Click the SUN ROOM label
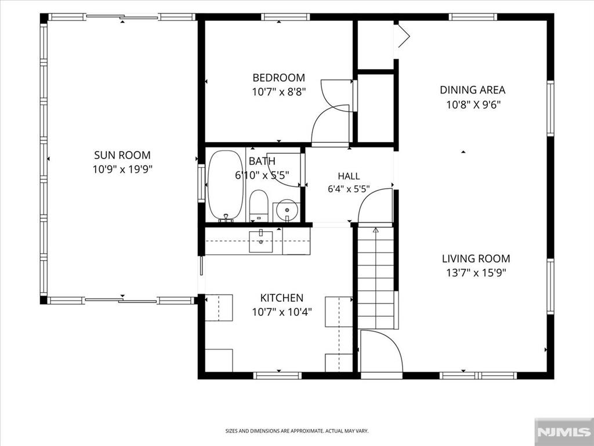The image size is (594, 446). click(122, 154)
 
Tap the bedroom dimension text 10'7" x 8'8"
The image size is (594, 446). click(279, 92)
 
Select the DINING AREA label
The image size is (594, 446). click(472, 90)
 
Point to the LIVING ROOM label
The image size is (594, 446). click(476, 258)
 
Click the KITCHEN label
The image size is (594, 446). click(282, 298)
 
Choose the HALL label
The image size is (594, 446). click(349, 176)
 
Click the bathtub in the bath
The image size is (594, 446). click(226, 186)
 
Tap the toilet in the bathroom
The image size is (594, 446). click(259, 206)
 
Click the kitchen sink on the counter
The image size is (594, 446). click(260, 241)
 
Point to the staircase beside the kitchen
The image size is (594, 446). click(375, 278)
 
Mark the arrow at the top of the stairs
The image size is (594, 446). click(375, 230)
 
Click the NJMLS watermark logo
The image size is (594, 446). click(564, 432)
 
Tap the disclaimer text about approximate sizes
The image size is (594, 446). click(297, 431)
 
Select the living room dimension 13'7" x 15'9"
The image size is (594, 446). click(476, 273)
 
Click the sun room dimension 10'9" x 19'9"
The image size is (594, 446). click(122, 169)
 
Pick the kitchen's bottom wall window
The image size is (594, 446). click(278, 376)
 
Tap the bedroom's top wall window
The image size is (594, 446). click(285, 17)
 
